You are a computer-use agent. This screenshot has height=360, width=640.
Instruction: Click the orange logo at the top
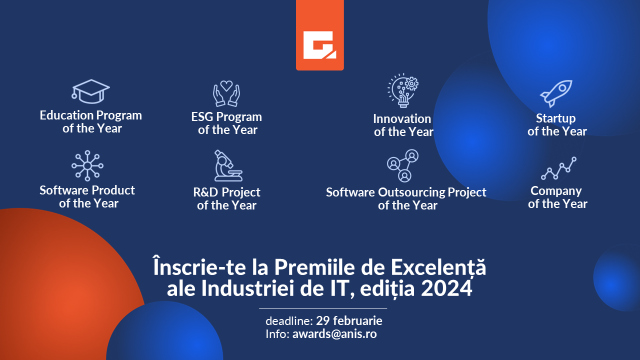pyautogui.click(x=319, y=35)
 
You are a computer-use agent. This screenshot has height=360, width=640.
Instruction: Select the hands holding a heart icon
pyautogui.click(x=226, y=93)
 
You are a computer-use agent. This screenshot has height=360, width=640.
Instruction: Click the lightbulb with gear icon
pyautogui.click(x=403, y=90)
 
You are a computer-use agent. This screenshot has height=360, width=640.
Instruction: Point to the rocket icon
pyautogui.click(x=556, y=93)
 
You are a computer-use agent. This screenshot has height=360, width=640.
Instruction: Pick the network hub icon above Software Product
pyautogui.click(x=87, y=165)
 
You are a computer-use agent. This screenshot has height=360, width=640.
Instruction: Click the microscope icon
pyautogui.click(x=228, y=165)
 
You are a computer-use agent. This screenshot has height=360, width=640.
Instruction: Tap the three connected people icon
pyautogui.click(x=403, y=165)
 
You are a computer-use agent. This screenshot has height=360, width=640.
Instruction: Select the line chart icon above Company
pyautogui.click(x=558, y=168)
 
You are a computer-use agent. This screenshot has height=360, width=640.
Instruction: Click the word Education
pyautogui.click(x=66, y=115)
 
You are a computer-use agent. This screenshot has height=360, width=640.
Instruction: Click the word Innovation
pyautogui.click(x=402, y=119)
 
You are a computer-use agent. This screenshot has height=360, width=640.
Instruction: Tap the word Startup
pyautogui.click(x=555, y=118)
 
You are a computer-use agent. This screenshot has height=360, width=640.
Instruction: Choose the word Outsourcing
pyautogui.click(x=411, y=192)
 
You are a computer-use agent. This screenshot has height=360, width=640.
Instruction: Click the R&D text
pyautogui.click(x=205, y=192)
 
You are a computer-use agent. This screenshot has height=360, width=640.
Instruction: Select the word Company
pyautogui.click(x=556, y=191)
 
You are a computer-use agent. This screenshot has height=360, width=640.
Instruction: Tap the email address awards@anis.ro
pyautogui.click(x=334, y=333)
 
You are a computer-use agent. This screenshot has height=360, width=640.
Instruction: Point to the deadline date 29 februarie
pyautogui.click(x=349, y=320)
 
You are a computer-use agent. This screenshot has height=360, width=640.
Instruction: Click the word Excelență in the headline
pyautogui.click(x=438, y=267)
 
